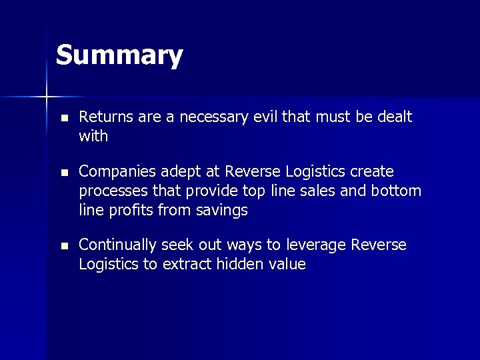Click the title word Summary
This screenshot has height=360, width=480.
[119, 56]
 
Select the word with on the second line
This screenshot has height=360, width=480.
[93, 137]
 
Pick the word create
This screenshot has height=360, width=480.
[370, 171]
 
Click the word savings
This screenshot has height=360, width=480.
[223, 211]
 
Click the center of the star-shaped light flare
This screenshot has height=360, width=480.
[47, 97]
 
